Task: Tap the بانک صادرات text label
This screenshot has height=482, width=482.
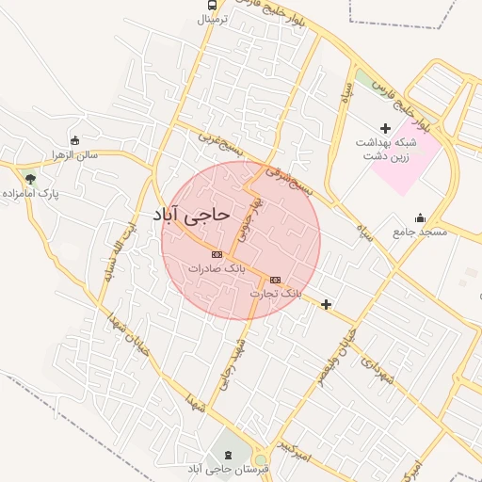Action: (x=217, y=268)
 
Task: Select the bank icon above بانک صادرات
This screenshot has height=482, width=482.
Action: (x=217, y=253)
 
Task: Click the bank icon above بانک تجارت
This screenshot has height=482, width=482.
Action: (x=275, y=280)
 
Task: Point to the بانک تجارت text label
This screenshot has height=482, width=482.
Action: (x=276, y=294)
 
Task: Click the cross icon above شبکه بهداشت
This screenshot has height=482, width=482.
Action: (x=384, y=127)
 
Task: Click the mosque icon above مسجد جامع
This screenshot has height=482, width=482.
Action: (x=420, y=217)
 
